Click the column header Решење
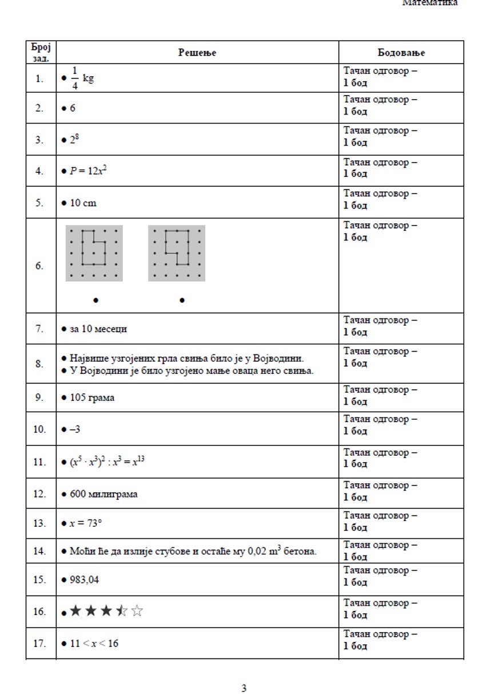197,53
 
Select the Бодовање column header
401,53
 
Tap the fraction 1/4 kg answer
81,78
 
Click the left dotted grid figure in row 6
94,253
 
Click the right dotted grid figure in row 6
176,253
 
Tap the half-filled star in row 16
121,611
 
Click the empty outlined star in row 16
137,611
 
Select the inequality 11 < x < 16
94,643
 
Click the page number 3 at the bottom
244,688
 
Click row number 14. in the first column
39,551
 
